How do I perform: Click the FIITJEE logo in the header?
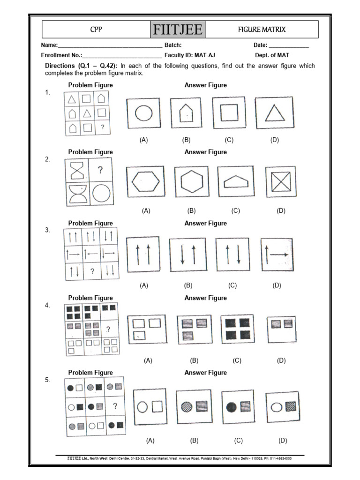coord(178,30)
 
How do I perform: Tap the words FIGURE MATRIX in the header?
coord(262,30)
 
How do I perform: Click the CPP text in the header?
coord(96,30)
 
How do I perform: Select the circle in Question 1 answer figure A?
coord(143,113)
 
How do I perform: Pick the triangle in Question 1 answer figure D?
coord(274,113)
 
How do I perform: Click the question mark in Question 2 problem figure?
coord(99,170)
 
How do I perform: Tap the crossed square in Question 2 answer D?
coord(280,181)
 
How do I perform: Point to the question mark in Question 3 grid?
coord(92,270)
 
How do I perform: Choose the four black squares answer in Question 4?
coord(237,329)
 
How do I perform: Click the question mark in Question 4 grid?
coord(108,329)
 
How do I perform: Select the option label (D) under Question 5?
coord(282,440)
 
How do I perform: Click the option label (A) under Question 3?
coord(144,285)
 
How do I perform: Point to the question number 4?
coord(47,305)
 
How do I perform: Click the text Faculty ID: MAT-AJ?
coord(190,55)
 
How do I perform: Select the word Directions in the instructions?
coord(60,66)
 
